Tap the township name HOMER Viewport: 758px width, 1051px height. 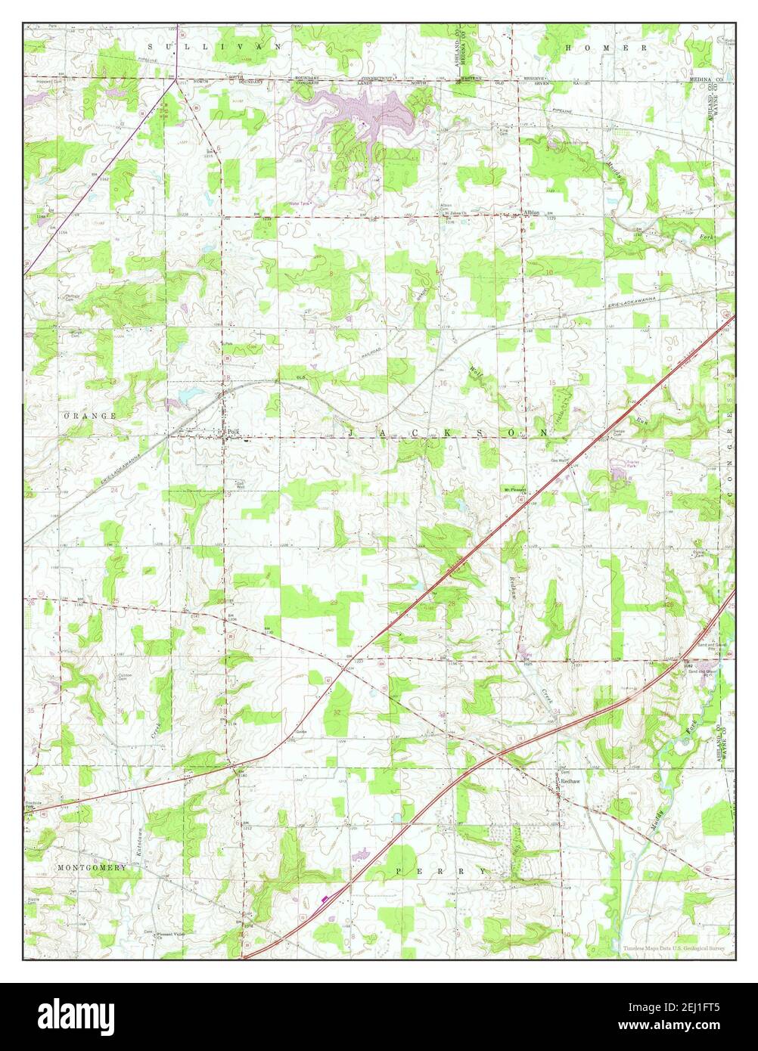(605, 47)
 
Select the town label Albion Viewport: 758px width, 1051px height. (531, 213)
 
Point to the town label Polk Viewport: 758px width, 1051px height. (233, 432)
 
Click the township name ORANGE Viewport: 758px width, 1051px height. (90, 417)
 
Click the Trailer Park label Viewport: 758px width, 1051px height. (633, 463)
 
